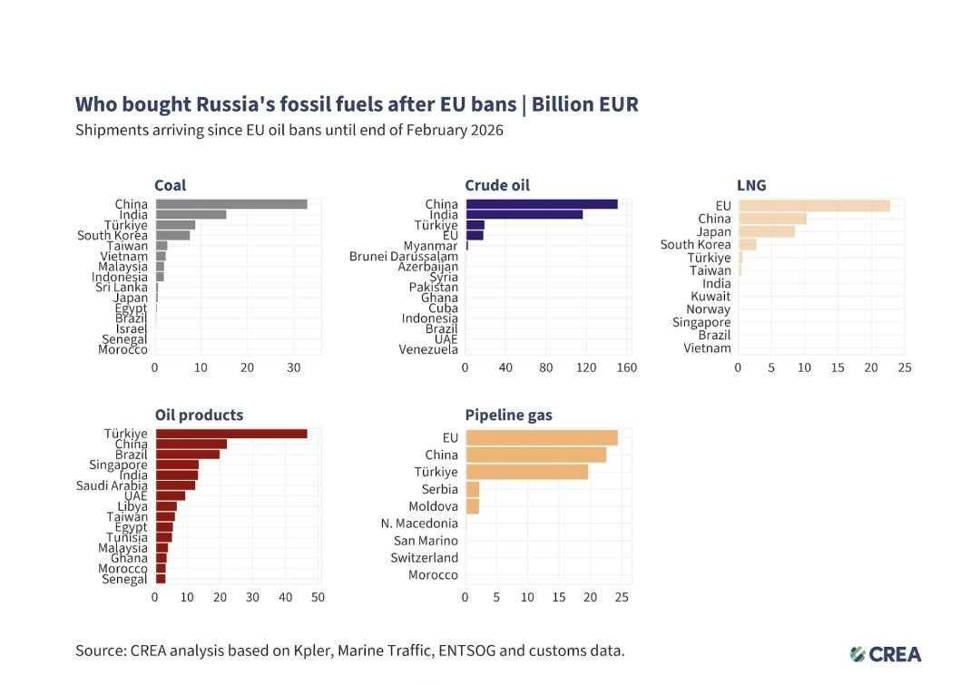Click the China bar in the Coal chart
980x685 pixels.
[231, 204]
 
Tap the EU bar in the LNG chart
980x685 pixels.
[814, 206]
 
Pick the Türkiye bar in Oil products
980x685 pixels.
[231, 434]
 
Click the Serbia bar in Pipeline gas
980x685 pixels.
[472, 489]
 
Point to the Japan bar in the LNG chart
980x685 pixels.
[766, 231]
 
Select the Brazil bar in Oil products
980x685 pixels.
[188, 454]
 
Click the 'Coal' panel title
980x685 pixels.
[171, 185]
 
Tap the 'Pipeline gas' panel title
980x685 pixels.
[508, 415]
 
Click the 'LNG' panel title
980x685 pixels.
[751, 185]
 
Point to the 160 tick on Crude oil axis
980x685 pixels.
[627, 368]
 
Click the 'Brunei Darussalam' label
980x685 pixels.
[404, 257]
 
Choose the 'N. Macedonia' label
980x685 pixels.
[419, 524]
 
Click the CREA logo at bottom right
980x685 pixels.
[886, 654]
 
